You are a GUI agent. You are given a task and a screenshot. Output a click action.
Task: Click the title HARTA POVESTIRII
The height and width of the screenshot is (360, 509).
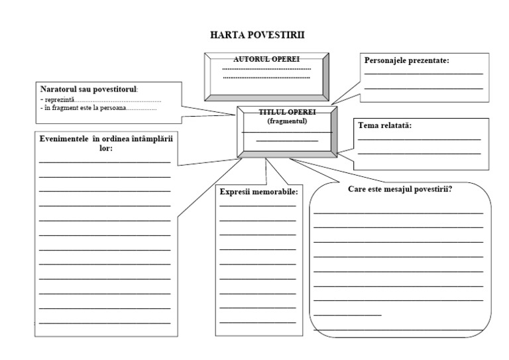[257, 34]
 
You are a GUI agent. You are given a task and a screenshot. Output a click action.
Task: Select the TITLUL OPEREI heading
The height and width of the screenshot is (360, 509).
[287, 113]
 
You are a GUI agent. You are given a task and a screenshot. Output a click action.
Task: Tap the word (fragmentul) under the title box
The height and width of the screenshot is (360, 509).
[287, 121]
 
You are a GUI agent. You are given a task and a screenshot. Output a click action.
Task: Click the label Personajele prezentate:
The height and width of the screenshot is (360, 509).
[407, 60]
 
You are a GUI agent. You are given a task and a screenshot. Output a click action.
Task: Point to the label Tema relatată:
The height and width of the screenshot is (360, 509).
[385, 125]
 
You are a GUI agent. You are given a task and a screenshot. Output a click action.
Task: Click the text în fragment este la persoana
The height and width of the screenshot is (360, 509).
[84, 107]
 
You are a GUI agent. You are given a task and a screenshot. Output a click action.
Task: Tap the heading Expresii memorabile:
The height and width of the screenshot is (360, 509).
[258, 192]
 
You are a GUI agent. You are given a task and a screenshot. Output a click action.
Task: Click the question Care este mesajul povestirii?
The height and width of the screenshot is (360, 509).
[400, 189]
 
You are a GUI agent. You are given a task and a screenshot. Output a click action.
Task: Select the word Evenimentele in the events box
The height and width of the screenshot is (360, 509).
[64, 139]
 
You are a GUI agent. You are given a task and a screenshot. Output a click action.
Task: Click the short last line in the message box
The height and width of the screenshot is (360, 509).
[347, 314]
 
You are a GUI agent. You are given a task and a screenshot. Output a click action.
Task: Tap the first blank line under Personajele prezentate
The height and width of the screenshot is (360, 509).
[424, 74]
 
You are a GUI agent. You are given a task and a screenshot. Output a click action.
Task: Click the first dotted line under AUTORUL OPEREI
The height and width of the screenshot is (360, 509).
[266, 69]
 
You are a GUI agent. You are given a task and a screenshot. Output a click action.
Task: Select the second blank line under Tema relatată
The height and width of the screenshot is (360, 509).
[419, 154]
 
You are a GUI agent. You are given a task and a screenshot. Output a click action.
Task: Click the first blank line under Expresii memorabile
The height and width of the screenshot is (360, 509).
[258, 205]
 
